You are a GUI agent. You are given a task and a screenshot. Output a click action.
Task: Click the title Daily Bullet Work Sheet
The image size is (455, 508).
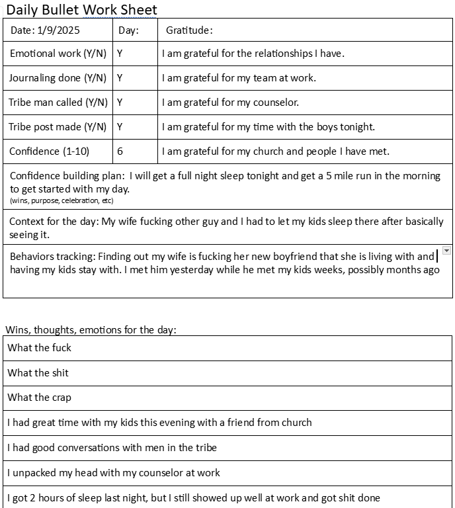point(82,9)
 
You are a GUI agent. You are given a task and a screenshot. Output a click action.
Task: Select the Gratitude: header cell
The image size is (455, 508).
point(189,30)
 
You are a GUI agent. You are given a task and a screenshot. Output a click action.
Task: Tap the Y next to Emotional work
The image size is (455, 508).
point(120,54)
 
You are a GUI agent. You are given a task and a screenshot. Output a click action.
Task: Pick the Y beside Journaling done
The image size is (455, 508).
point(120,78)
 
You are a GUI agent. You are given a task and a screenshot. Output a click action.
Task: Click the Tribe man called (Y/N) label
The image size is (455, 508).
point(58,103)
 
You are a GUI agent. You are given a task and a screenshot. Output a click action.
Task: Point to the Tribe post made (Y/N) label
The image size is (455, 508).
point(58,127)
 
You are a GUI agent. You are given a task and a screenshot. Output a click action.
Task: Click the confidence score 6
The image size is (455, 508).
point(120,151)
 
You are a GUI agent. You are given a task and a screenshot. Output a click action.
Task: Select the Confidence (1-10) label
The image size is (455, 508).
point(49,151)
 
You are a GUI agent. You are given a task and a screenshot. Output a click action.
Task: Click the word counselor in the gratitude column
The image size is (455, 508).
point(276,103)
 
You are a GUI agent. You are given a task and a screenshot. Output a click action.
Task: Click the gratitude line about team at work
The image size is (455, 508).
point(239,78)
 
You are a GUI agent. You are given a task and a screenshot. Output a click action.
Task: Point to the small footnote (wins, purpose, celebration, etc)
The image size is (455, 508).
point(62,200)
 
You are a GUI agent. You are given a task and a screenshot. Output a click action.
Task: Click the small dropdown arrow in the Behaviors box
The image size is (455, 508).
point(446,251)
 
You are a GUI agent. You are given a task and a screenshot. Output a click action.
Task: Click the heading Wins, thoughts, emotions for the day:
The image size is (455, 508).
point(91,329)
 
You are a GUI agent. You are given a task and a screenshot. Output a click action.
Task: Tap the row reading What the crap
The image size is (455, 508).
point(39,398)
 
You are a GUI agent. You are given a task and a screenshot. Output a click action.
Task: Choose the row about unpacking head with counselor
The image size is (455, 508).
point(114,473)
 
